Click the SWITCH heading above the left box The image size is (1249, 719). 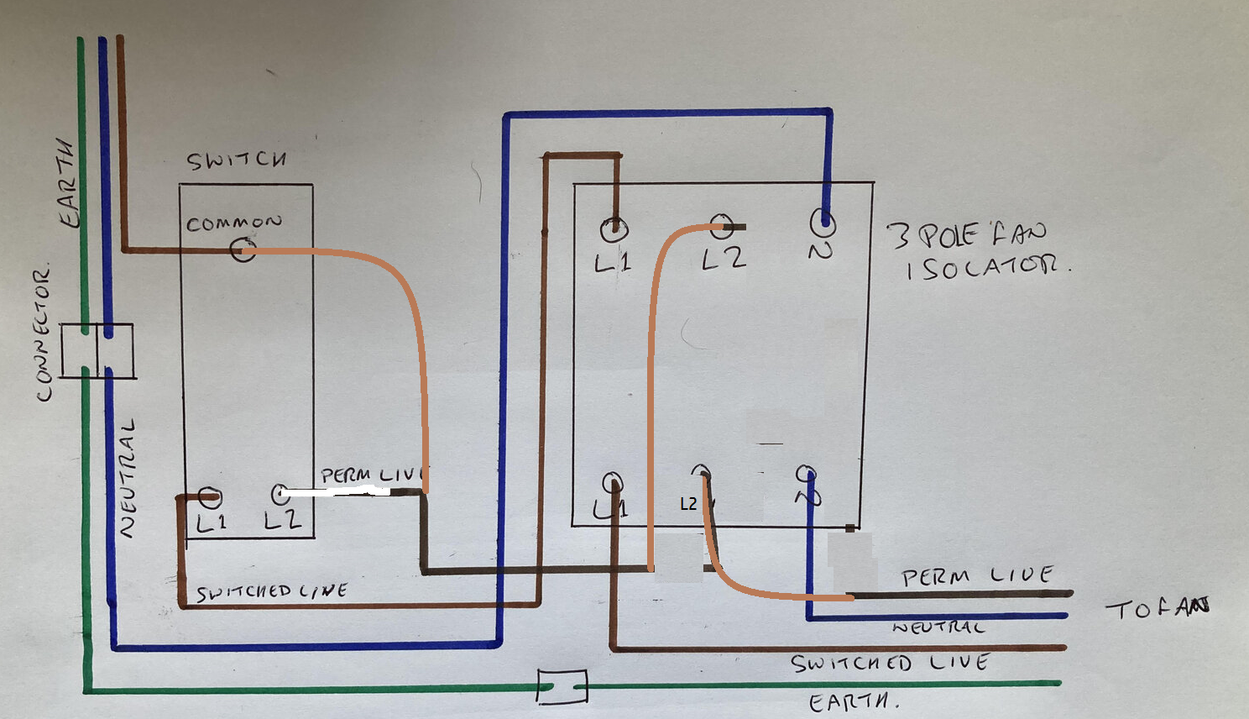pos(236,160)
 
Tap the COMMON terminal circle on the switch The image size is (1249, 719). pos(243,249)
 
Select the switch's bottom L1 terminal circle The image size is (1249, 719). pos(209,497)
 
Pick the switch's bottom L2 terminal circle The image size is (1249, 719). pos(280,493)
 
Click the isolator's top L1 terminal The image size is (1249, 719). pos(614,228)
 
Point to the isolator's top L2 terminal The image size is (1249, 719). pos(722,226)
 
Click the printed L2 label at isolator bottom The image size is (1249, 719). pos(688,504)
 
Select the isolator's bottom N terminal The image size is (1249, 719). pos(806,475)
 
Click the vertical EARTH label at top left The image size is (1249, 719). pos(71,183)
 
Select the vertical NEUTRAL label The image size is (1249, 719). pos(126,479)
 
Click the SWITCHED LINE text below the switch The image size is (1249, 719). pos(271,592)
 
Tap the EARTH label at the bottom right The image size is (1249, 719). pos(851,702)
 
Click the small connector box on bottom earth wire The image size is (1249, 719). pos(562,687)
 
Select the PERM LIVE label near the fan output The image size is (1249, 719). pos(977,576)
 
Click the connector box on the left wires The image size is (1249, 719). pos(97,350)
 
